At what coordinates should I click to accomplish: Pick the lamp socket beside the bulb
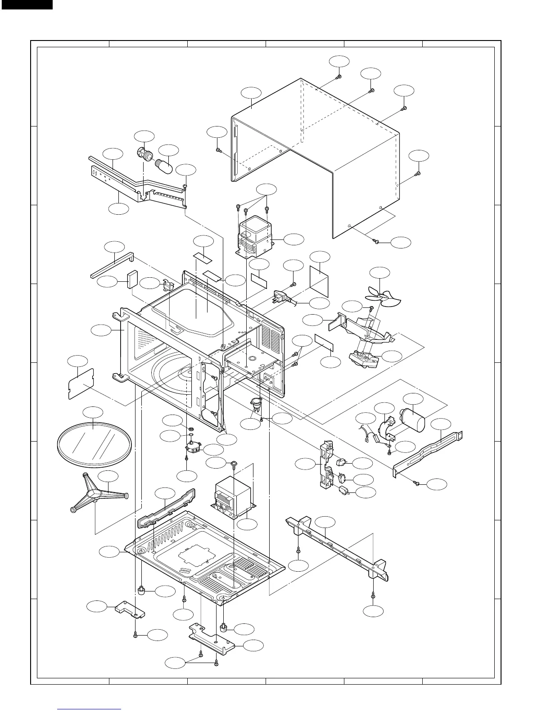(x=145, y=153)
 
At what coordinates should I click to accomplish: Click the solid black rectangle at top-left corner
(x=26, y=5)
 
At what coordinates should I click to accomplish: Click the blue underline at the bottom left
(x=90, y=709)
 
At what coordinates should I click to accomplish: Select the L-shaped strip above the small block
(x=113, y=266)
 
